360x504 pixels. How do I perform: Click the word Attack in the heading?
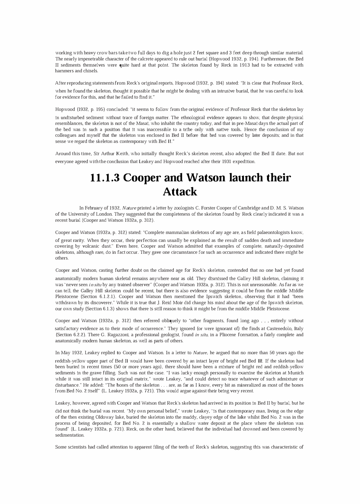180,192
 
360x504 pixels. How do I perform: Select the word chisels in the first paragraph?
90,71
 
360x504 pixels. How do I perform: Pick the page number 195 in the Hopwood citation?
93,109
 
